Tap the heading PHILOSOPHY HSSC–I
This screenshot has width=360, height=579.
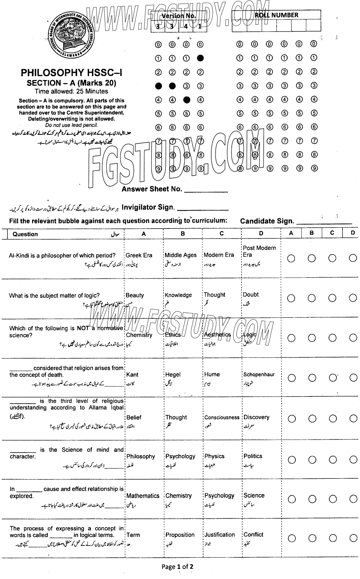71,73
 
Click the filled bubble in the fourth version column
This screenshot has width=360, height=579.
200,58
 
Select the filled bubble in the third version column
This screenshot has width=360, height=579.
187,100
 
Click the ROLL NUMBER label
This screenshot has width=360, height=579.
276,15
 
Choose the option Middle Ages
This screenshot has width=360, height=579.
181,255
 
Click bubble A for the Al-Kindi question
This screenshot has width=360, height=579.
291,259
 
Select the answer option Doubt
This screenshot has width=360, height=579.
251,295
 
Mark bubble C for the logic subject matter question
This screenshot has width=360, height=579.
332,298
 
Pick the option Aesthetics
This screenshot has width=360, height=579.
217,335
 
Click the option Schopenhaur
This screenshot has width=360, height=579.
259,375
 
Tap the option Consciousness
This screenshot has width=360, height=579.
222,417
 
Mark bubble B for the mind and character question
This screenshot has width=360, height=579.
312,460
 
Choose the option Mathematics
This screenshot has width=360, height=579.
143,496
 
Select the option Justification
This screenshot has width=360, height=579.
219,535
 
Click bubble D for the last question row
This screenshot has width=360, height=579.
353,538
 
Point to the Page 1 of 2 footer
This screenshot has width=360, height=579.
177,567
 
